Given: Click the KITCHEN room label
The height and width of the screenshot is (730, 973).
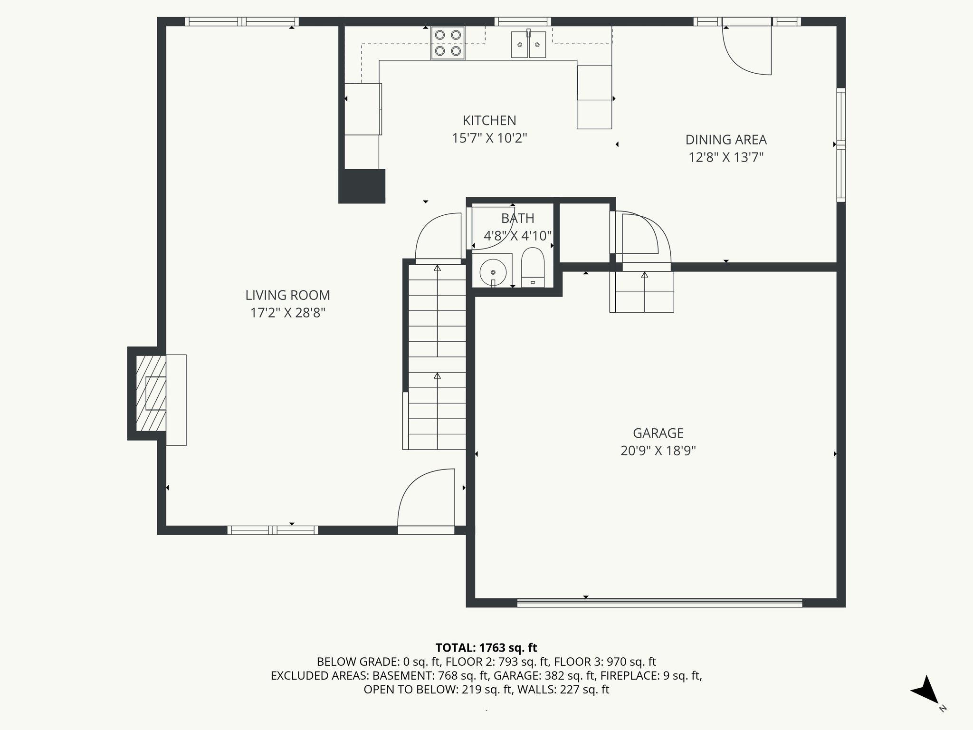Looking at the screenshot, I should pos(489,121).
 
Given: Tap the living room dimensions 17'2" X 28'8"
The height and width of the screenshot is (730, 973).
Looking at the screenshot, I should pos(287,313).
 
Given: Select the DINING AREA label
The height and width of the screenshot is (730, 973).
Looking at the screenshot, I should pos(725,140).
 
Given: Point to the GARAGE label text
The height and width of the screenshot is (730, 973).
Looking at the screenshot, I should pos(658,433).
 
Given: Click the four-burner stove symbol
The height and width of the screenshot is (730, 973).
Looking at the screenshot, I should pos(448,43).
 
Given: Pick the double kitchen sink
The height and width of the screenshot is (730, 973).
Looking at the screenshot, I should pos(528,45).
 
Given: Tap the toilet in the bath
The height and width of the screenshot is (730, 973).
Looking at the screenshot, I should pos(533,267).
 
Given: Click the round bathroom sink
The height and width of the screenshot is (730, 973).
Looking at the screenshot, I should pos(493,272).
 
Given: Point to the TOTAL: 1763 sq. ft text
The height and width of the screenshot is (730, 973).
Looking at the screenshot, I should pos(486,648).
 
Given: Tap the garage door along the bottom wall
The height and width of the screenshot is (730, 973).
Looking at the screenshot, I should pos(659,603).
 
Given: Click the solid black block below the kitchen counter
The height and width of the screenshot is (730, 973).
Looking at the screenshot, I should pos(362,186).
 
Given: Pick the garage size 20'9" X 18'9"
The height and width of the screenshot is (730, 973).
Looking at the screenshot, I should pos(658,451).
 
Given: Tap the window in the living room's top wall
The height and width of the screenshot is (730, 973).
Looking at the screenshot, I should pos(242,21).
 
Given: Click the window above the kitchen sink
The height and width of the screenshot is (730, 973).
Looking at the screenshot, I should pos(523,21).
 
